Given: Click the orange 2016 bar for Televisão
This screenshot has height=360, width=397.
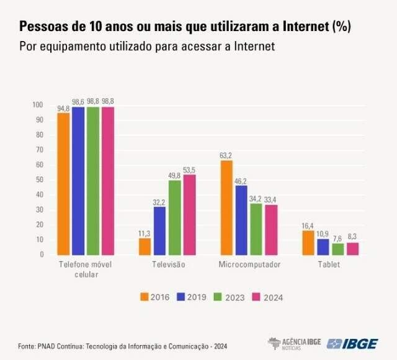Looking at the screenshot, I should click(x=145, y=246).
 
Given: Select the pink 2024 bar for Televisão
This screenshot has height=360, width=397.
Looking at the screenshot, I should click(x=190, y=215).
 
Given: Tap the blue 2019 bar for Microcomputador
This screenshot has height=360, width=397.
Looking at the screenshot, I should click(x=241, y=220).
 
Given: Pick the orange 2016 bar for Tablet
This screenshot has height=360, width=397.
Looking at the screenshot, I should click(x=308, y=243).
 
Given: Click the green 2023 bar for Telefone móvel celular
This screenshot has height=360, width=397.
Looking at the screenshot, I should click(x=93, y=181).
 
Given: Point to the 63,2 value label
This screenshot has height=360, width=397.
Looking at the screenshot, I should click(x=226, y=155).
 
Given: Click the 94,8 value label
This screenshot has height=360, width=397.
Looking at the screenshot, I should click(x=63, y=109).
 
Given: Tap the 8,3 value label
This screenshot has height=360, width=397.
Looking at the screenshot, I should click(x=352, y=236).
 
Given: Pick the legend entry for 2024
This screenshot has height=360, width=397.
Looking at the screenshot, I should click(x=267, y=297).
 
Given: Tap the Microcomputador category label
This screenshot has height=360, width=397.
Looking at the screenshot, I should click(x=249, y=264).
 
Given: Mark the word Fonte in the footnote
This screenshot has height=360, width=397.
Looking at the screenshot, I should click(x=26, y=345).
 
